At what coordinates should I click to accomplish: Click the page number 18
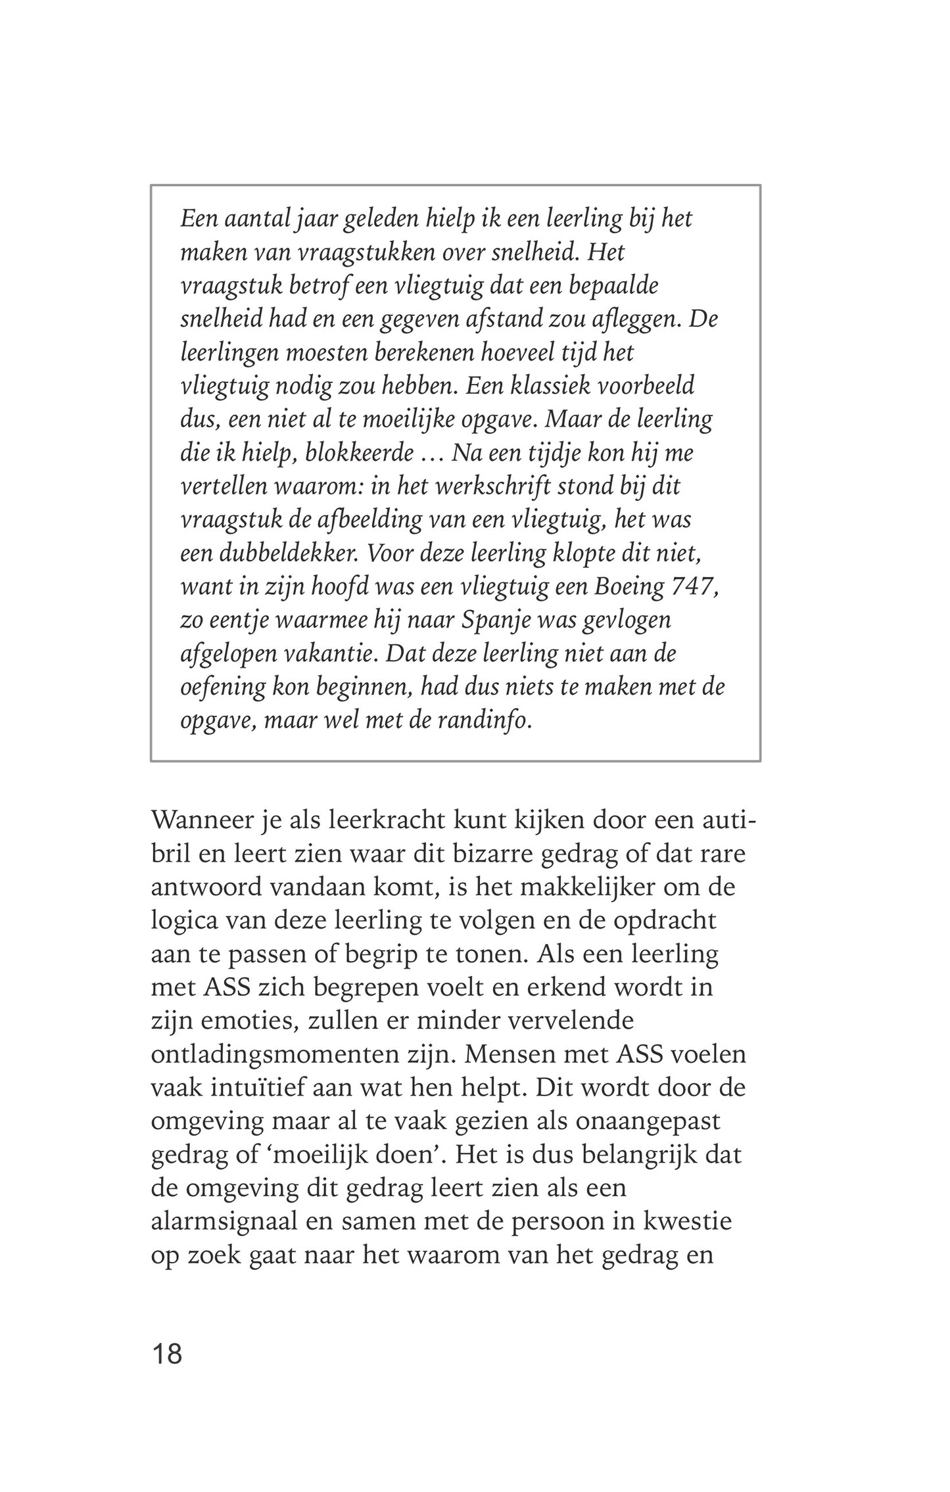tap(166, 1355)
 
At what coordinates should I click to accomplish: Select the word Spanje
tap(492, 620)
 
